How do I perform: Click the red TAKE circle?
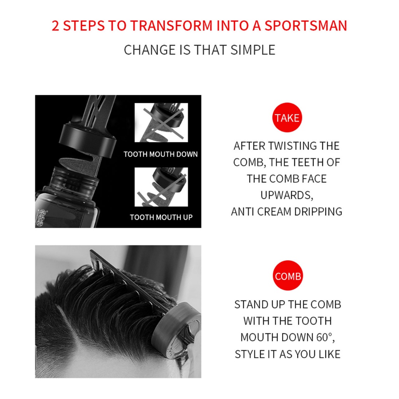click(287, 117)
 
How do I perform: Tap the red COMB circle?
click(288, 275)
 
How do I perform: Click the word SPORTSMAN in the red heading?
click(305, 26)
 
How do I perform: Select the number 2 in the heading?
click(55, 26)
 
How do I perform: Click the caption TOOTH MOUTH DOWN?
click(161, 154)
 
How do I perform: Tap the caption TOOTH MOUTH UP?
click(161, 217)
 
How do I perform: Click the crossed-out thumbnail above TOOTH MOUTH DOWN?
click(161, 122)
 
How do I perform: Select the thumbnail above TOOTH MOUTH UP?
click(161, 187)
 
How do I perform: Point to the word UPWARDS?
click(286, 196)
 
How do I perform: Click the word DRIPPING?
click(318, 212)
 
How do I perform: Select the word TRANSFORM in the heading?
click(171, 26)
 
